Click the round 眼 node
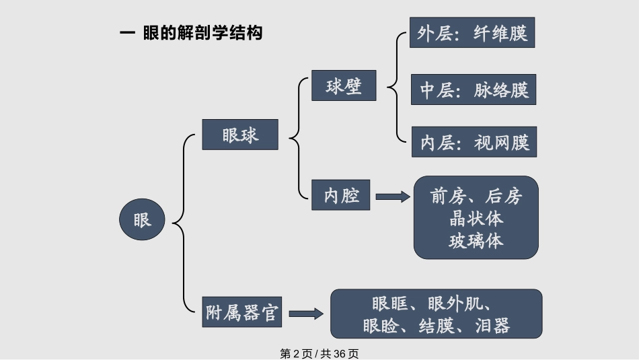142,220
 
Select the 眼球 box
240,135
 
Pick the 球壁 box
343,86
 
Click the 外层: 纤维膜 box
472,33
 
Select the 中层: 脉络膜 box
474,89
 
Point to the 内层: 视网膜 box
474,142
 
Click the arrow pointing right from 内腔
392,196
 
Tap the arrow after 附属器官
306,313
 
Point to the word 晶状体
476,219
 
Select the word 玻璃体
476,240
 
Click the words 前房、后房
476,196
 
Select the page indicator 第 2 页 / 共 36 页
319,353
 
